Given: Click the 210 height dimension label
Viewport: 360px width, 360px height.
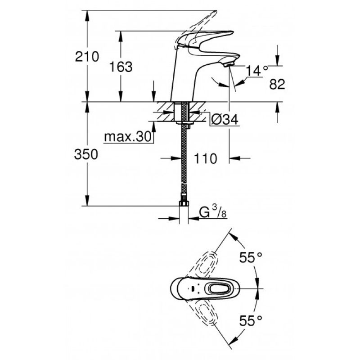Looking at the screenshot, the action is [87, 57].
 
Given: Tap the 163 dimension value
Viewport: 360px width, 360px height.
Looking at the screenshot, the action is [121, 67].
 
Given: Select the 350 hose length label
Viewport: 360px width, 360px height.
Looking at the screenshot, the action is [86, 154].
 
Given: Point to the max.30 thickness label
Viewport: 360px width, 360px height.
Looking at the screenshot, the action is [128, 137].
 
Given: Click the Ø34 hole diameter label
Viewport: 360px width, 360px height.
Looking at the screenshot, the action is [225, 119].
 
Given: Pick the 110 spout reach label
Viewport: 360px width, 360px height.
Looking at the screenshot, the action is [206, 159].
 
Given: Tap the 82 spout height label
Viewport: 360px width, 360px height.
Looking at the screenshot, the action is [277, 84].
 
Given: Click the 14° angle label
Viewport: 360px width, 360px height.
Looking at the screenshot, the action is [256, 71].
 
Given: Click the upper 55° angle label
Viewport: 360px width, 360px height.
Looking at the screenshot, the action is [251, 257].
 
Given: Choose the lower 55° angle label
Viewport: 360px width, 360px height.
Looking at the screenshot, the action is [251, 320].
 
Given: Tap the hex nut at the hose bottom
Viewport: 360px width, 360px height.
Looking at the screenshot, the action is [184, 203].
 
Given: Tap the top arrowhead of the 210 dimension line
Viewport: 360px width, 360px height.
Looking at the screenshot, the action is [87, 15].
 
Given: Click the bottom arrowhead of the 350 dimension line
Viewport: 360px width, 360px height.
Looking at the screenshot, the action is [87, 201].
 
